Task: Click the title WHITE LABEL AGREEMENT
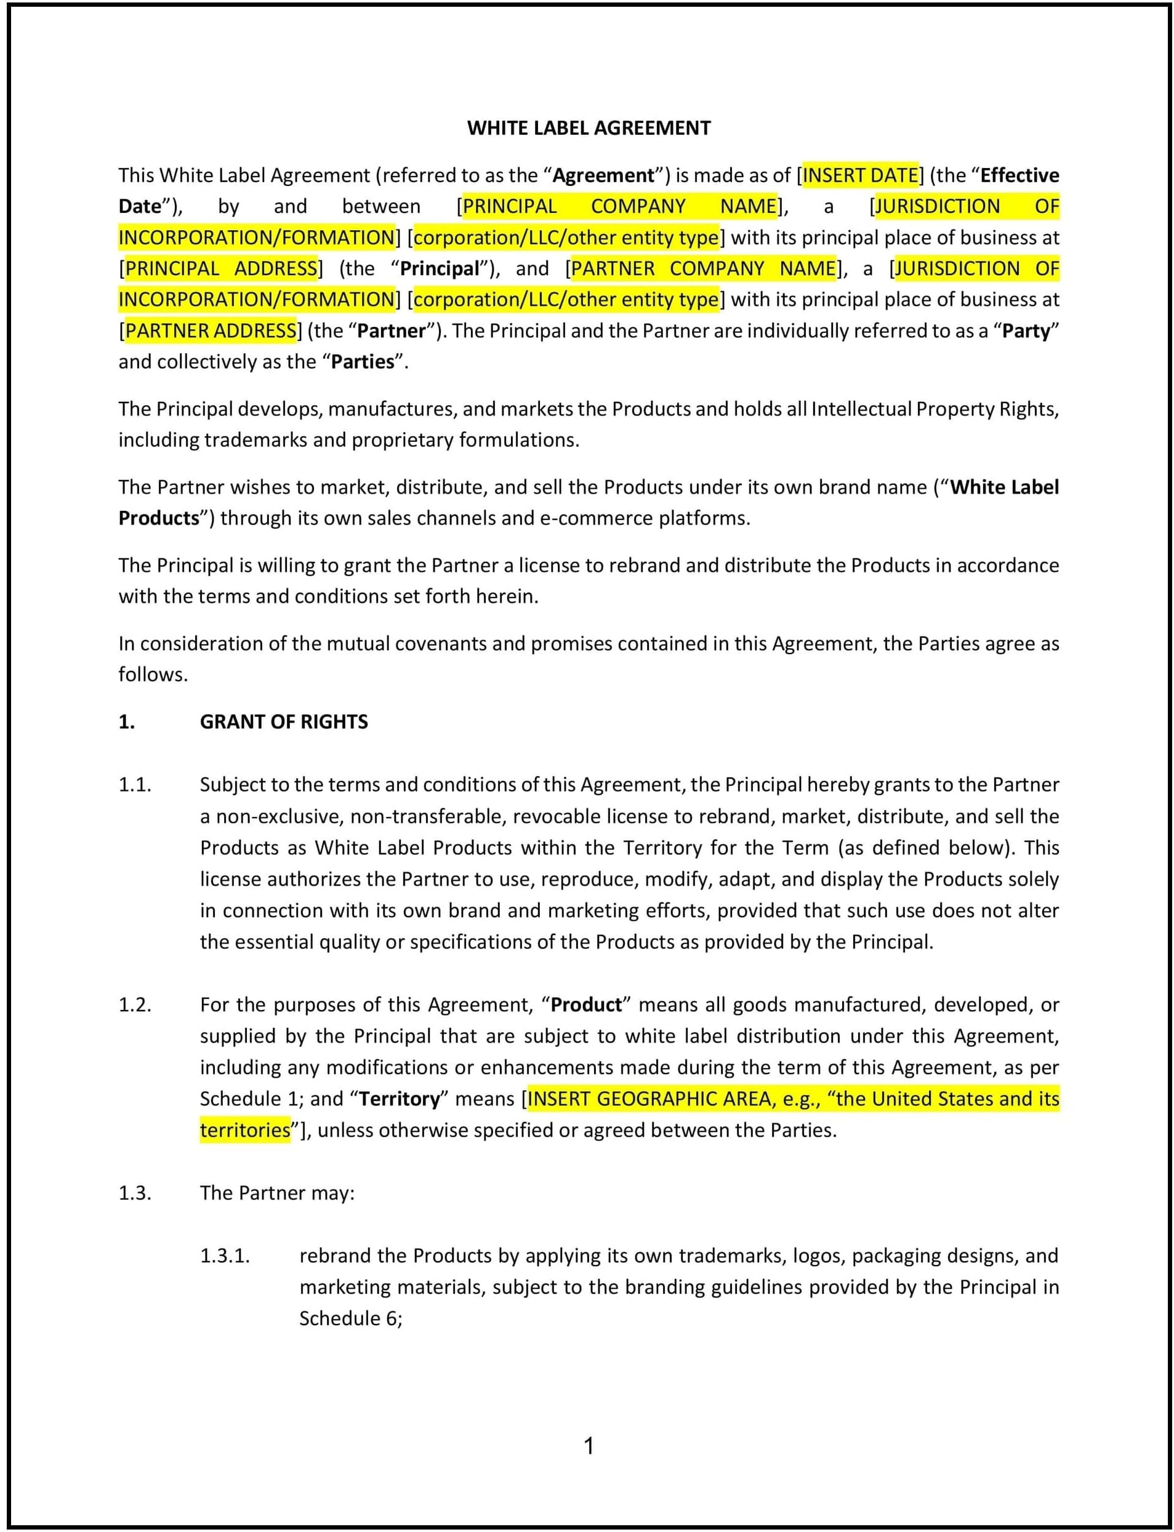click(589, 128)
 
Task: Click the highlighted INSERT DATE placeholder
click(859, 175)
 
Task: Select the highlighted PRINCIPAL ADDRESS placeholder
click(221, 268)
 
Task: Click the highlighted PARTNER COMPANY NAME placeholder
click(703, 268)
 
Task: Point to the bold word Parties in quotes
click(363, 362)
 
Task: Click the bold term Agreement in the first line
click(604, 175)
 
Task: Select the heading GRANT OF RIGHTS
click(284, 721)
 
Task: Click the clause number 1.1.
click(135, 785)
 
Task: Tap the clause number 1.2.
click(135, 1005)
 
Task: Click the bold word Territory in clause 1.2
click(400, 1099)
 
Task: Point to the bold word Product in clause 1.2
click(586, 1005)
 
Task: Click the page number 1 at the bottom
click(589, 1446)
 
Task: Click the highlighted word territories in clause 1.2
click(244, 1130)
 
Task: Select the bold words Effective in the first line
click(1019, 175)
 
